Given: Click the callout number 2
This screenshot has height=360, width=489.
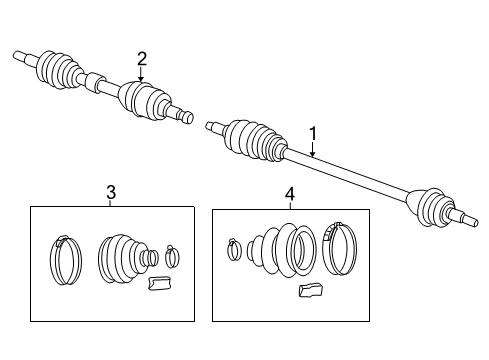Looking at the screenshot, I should tap(141, 57).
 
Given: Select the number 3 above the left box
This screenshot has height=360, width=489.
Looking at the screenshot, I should tap(111, 191).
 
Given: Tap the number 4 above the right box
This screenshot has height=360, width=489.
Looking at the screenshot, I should tap(289, 193).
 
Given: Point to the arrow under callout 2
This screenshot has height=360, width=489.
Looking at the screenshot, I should tap(141, 74).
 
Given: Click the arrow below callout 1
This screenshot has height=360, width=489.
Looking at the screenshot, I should tap(312, 149).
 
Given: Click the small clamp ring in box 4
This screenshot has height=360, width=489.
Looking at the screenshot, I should tap(233, 249).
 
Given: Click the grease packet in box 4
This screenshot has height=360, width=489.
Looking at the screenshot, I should tap(310, 291).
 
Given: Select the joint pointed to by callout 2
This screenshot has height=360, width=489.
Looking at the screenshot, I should tap(143, 98).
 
